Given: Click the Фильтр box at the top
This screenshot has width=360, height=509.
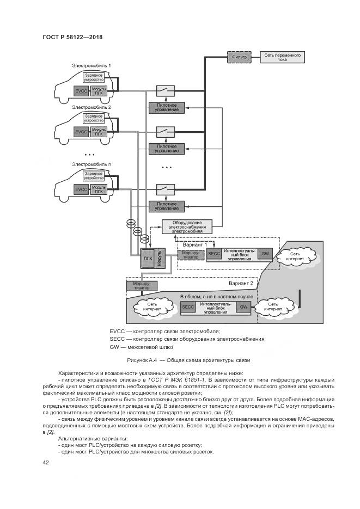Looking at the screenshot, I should pos(239,57).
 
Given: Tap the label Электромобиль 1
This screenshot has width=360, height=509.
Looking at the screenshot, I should pos(91,66).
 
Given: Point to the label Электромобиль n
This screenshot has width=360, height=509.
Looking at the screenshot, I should pos(91,164).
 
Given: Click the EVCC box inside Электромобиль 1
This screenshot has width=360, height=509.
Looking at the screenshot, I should pos(82,90).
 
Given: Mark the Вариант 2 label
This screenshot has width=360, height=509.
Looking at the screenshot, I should pos(240,283).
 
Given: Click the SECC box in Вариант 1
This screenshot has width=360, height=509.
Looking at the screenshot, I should pos(214,254).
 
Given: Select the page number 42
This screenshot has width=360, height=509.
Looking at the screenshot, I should pos(46,463).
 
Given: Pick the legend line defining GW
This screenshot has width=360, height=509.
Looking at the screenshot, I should pos(141,347).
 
